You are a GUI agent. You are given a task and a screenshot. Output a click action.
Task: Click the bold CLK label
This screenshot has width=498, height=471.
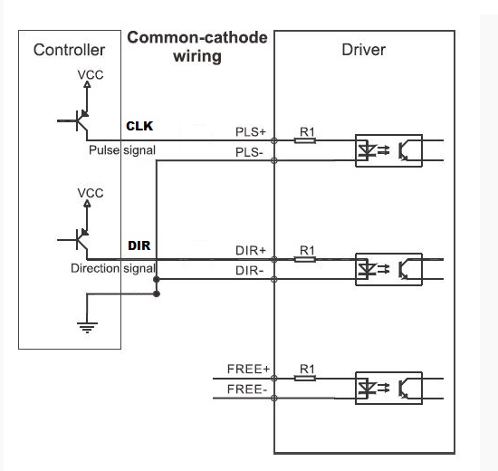pyautogui.click(x=139, y=126)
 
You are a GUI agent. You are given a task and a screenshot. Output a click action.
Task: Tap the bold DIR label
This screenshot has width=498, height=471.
pyautogui.click(x=139, y=245)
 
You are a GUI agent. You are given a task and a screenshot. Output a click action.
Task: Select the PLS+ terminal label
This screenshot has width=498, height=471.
pyautogui.click(x=250, y=132)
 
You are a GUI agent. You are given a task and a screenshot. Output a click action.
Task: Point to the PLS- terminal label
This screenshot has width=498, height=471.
pyautogui.click(x=249, y=152)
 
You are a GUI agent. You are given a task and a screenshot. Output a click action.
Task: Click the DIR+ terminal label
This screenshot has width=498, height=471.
pyautogui.click(x=250, y=250)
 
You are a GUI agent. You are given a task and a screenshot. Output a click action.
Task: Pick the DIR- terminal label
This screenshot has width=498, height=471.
pyautogui.click(x=249, y=271)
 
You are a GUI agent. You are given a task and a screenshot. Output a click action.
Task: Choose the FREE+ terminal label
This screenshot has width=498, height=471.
pyautogui.click(x=248, y=369)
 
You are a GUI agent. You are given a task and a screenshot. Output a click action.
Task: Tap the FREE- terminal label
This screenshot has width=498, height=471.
pyautogui.click(x=247, y=389)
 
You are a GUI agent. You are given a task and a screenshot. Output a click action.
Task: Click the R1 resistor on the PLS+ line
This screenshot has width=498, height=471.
pyautogui.click(x=305, y=140)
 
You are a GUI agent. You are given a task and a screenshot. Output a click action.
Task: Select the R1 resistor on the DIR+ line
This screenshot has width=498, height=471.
pyautogui.click(x=305, y=259)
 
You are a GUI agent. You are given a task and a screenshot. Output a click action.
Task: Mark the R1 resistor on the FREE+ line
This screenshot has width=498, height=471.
pyautogui.click(x=305, y=378)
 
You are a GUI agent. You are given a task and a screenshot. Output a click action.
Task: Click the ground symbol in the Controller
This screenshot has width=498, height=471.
pyautogui.click(x=87, y=327)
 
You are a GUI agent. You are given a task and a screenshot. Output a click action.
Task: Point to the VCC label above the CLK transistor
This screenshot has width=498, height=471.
pyautogui.click(x=91, y=75)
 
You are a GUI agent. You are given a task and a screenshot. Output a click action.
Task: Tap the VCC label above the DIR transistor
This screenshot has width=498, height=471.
pyautogui.click(x=91, y=193)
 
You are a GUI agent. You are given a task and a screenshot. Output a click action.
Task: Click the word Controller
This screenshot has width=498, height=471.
pyautogui.click(x=69, y=50)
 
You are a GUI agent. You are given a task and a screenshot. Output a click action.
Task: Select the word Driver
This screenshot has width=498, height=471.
pyautogui.click(x=364, y=50)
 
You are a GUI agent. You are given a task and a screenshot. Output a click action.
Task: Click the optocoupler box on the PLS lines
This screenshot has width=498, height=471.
pyautogui.click(x=388, y=135)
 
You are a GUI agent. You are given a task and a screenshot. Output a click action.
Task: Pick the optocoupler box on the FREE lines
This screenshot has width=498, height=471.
pyautogui.click(x=388, y=372)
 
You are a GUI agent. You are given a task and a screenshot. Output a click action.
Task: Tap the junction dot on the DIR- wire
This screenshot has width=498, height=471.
pyautogui.click(x=157, y=279)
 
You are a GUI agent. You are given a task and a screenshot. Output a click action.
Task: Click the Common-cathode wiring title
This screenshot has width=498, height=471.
pyautogui.click(x=197, y=47)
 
